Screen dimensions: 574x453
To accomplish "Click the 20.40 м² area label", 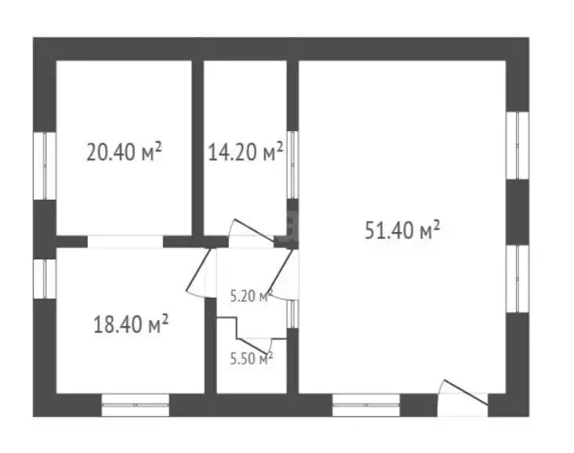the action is [124, 151].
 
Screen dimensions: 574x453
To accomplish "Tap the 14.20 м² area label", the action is [245, 151].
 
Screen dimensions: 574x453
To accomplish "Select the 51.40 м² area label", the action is [402, 230].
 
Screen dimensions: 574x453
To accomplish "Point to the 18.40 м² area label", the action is [131, 324].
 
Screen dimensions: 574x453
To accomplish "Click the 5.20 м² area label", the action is [251, 295].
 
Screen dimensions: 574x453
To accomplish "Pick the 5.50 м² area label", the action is [252, 358].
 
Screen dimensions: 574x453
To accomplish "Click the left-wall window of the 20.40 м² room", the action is [45, 165].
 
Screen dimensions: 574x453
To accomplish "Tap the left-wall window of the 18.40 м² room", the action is [45, 279].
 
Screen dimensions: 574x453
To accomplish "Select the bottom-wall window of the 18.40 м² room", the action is [136, 405].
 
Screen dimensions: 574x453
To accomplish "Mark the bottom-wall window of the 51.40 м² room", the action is [366, 405].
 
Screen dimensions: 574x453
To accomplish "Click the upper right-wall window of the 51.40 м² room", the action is [518, 145].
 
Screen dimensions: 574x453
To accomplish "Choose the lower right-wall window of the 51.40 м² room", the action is [518, 278].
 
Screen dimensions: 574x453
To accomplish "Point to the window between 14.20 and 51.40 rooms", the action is [292, 165].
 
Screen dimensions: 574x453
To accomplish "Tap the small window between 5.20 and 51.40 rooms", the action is [292, 314].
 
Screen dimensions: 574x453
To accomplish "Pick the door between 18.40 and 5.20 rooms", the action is [198, 272].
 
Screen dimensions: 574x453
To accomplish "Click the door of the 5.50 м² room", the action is [255, 345].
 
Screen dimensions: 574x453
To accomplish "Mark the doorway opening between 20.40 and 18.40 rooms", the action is [125, 242].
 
